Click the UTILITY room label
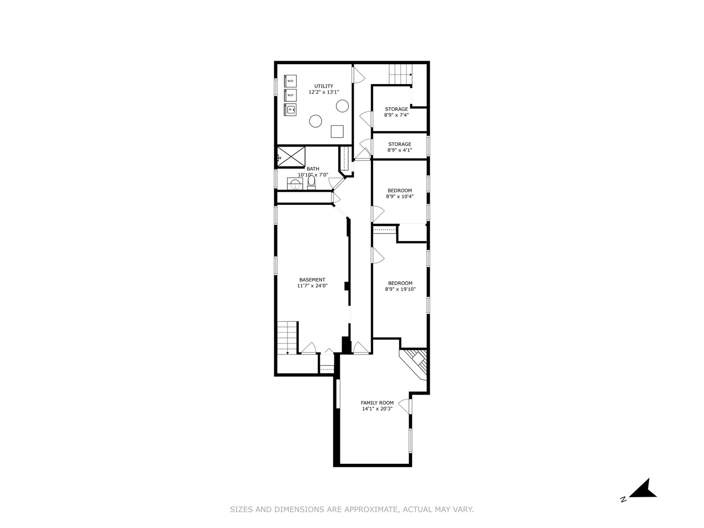point(323,86)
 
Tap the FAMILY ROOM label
point(377,403)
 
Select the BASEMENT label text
point(312,280)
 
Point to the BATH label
point(313,169)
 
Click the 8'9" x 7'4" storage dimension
point(396,115)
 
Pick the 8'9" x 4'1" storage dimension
point(399,150)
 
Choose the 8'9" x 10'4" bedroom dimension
point(399,196)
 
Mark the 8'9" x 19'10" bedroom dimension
point(400,289)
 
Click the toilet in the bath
point(311,182)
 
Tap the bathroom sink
point(295,184)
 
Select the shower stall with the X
point(291,157)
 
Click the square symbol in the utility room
point(337,132)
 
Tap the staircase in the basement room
point(287,337)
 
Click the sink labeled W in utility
point(290,110)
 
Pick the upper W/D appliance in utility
point(290,81)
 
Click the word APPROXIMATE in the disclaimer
point(372,509)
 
